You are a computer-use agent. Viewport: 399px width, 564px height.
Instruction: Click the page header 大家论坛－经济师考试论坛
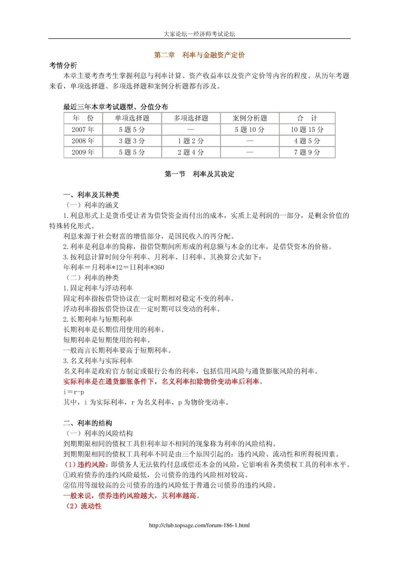[199, 34]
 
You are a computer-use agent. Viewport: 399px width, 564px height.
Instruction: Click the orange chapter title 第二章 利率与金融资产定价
[199, 55]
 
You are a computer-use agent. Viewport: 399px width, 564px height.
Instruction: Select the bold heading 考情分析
[63, 65]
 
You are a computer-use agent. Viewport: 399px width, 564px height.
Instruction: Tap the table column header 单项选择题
[132, 118]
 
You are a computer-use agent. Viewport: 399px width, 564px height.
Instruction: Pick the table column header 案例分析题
[250, 118]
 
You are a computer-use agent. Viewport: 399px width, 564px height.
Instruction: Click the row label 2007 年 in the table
[83, 129]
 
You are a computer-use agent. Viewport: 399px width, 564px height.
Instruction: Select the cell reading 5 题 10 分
[250, 129]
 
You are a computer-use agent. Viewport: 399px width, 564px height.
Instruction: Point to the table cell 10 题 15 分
[307, 129]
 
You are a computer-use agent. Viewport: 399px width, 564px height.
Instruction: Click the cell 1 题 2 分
[191, 141]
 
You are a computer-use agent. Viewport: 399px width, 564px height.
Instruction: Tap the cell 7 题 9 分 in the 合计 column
[307, 152]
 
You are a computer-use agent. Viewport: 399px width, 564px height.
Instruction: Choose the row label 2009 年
[83, 152]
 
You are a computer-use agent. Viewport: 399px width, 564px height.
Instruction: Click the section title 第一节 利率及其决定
[199, 174]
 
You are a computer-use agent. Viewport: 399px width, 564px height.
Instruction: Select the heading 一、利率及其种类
[91, 195]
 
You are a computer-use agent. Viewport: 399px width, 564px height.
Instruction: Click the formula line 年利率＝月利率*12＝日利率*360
[114, 267]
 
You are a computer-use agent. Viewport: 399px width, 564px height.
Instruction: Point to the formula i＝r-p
[74, 392]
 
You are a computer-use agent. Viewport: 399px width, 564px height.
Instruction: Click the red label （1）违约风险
[85, 465]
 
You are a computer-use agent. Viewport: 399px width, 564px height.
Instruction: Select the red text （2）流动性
[84, 506]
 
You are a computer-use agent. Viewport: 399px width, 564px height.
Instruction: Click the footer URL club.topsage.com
[199, 525]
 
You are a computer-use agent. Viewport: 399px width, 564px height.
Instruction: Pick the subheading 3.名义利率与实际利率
[98, 361]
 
